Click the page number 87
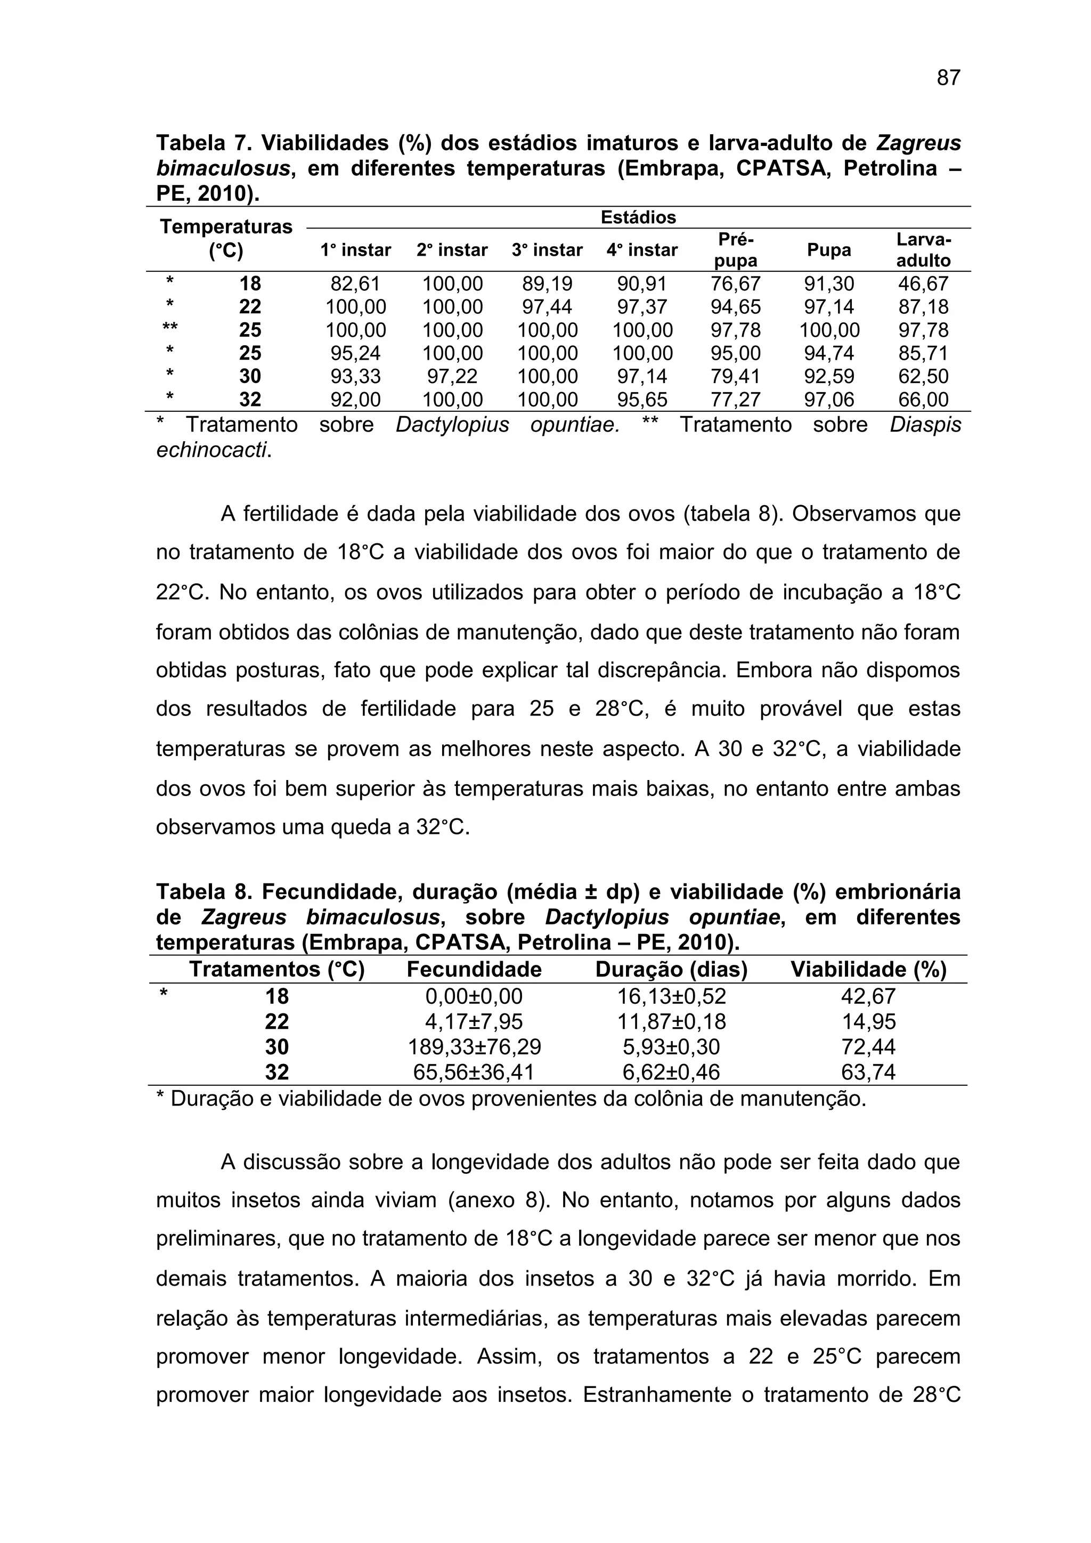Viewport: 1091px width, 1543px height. (x=948, y=79)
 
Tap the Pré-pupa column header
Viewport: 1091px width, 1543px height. (x=736, y=250)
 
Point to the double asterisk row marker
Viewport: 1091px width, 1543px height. (x=170, y=330)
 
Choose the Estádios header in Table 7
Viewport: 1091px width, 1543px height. (x=638, y=218)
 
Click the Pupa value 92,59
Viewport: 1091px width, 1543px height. (x=829, y=376)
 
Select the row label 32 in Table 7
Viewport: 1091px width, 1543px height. (x=250, y=400)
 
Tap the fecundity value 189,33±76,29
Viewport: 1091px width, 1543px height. (x=474, y=1047)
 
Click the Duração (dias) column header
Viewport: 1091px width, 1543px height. (x=671, y=970)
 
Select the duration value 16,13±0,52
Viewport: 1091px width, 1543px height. (x=671, y=997)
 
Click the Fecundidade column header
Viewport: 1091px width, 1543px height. (x=474, y=970)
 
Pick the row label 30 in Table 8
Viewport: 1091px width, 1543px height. (x=277, y=1047)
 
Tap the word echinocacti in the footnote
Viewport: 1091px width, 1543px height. (x=213, y=450)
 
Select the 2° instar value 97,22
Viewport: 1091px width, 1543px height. (x=452, y=376)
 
